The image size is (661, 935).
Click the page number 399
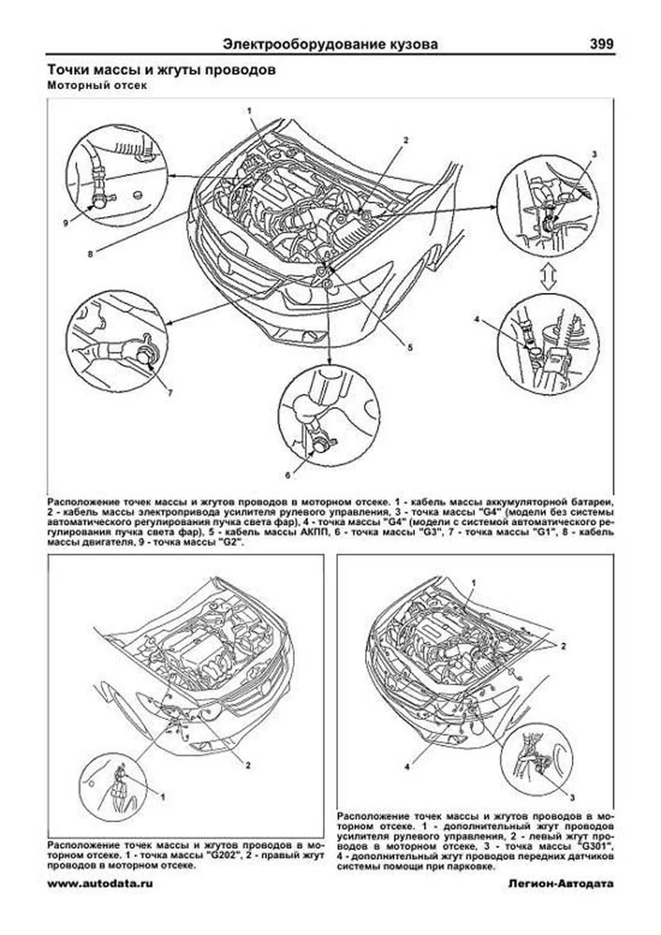tap(601, 45)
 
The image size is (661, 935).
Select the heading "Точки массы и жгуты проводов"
tap(161, 71)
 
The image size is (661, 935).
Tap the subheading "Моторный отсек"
tap(97, 86)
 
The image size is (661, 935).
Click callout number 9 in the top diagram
tap(66, 223)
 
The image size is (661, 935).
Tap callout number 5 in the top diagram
tap(410, 348)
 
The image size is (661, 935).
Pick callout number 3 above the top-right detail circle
tap(594, 155)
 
